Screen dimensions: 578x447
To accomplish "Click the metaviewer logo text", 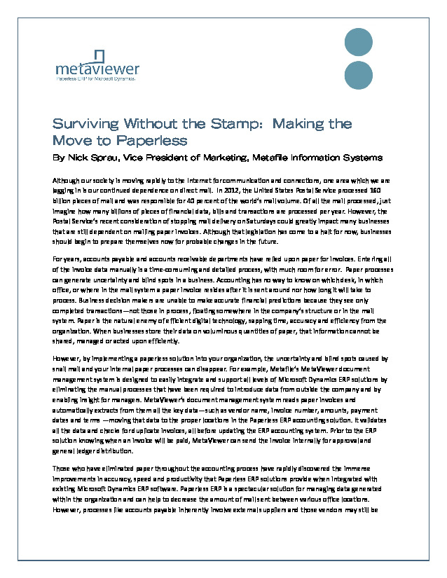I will pyautogui.click(x=97, y=70).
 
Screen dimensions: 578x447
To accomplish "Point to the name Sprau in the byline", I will pyautogui.click(x=106, y=158).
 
